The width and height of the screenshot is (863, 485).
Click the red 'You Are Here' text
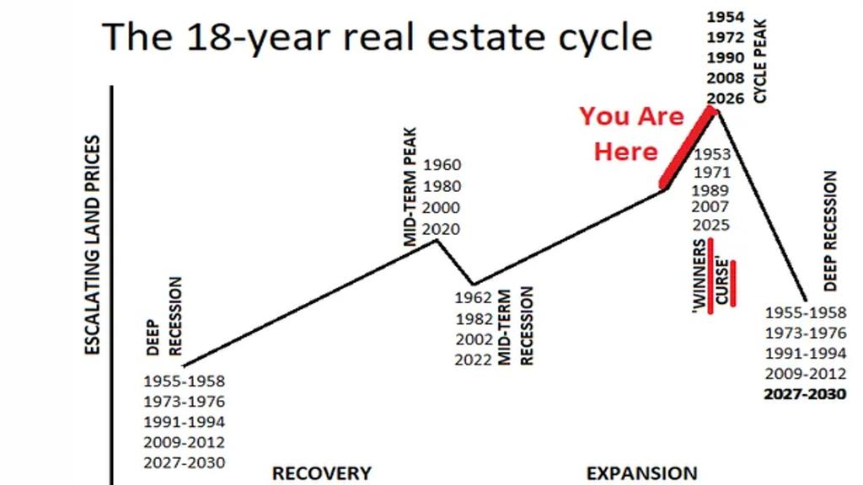(x=630, y=134)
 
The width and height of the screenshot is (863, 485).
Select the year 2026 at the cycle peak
(x=726, y=99)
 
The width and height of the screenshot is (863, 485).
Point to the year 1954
(x=726, y=17)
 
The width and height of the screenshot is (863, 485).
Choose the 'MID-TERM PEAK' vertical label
(x=410, y=187)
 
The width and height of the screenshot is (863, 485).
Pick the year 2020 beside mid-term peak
(x=442, y=229)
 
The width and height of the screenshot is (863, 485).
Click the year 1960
(x=442, y=164)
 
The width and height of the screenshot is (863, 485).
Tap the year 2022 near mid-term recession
(x=474, y=360)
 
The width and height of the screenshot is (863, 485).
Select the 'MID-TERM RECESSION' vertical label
(x=516, y=326)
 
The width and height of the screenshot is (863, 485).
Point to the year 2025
(x=710, y=225)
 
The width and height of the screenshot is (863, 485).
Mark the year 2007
(x=710, y=207)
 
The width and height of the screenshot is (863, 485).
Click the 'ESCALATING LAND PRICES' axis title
(x=93, y=245)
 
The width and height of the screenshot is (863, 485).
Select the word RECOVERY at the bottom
(x=322, y=473)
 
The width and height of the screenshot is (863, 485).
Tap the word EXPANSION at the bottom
(x=641, y=473)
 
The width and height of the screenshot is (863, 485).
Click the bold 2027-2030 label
(x=805, y=394)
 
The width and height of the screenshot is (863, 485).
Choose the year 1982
(x=474, y=319)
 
